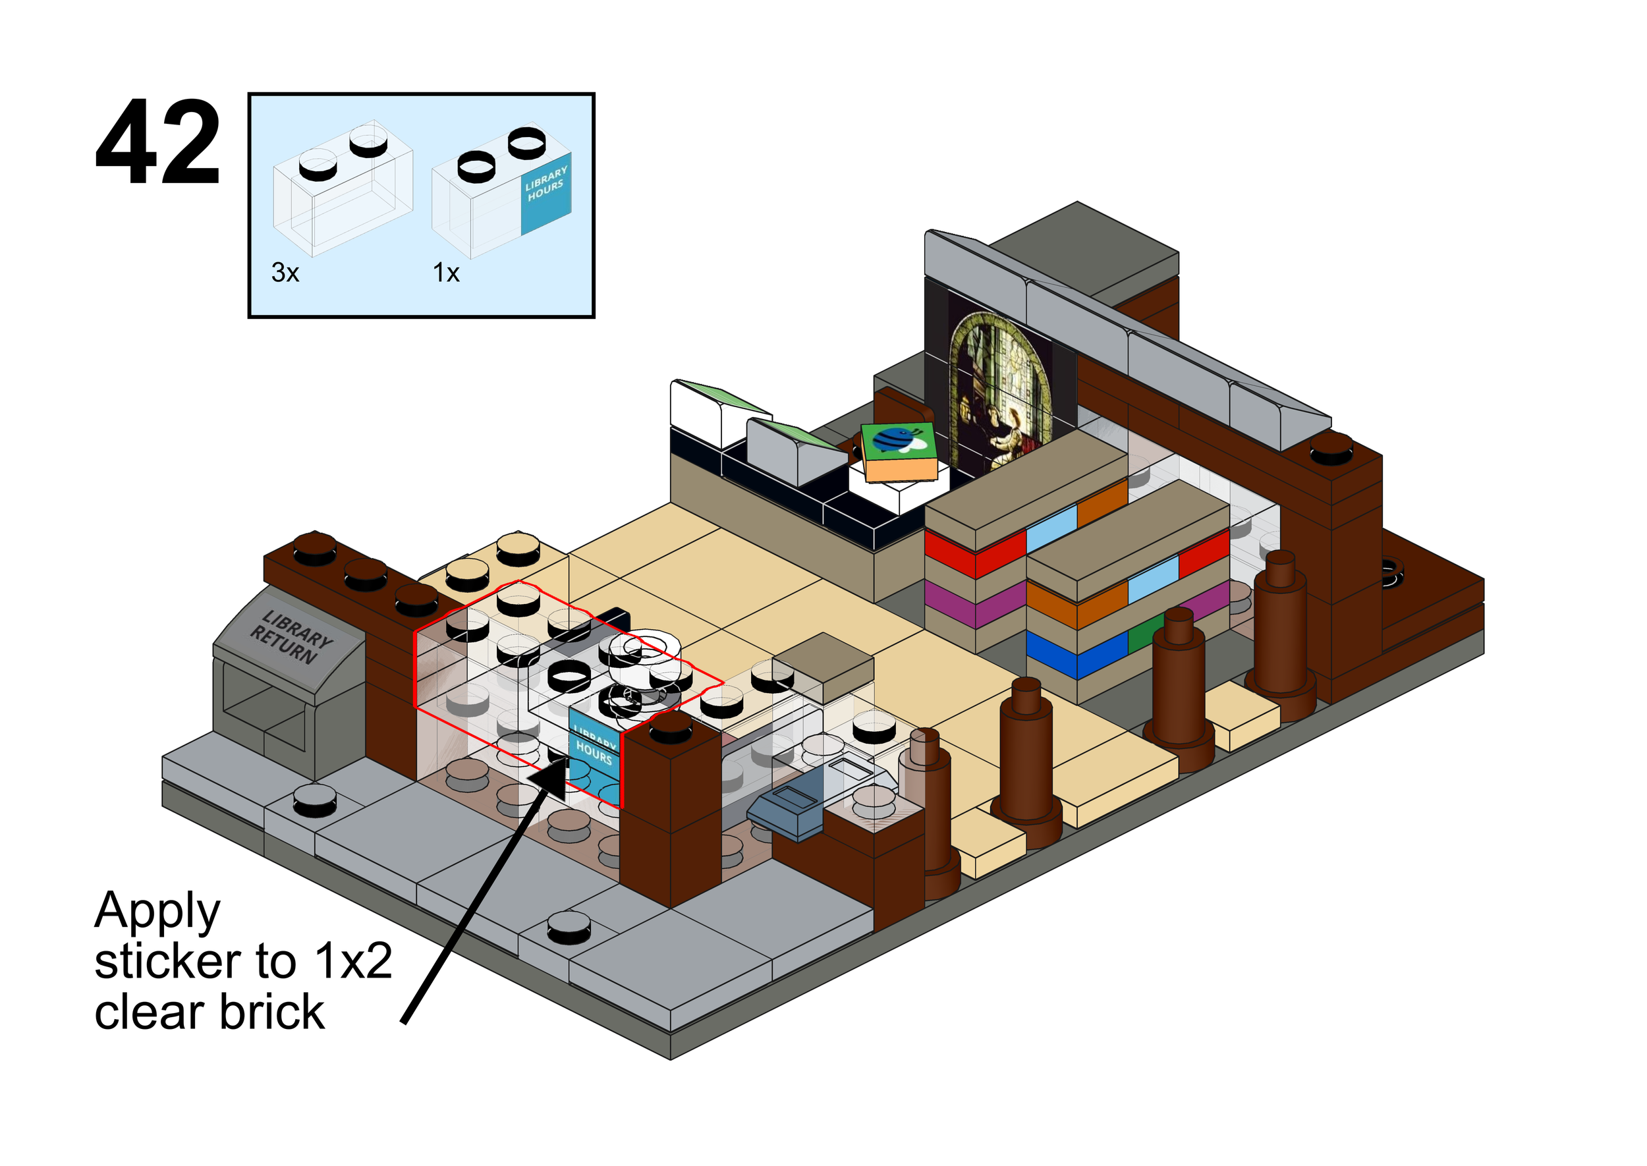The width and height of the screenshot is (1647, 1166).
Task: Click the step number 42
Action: click(157, 143)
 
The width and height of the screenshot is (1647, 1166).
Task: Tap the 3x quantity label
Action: click(285, 273)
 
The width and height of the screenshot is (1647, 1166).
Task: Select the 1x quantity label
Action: click(446, 273)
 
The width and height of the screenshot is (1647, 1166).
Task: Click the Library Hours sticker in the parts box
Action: click(545, 192)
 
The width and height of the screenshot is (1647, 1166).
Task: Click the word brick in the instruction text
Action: click(272, 1013)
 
